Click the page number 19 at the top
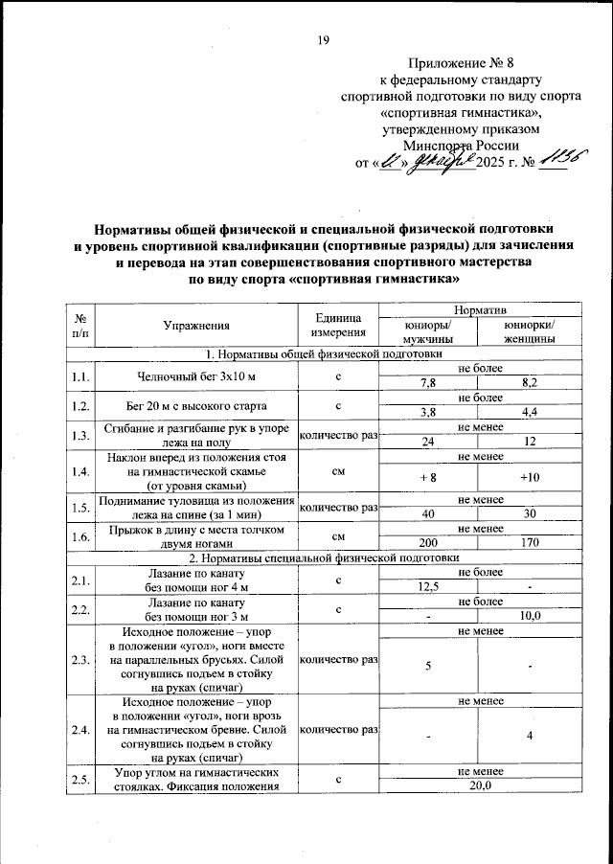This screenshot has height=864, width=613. [323, 39]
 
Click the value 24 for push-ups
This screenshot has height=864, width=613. [427, 442]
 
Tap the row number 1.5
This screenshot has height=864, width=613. [80, 507]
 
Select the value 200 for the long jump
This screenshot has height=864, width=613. [427, 541]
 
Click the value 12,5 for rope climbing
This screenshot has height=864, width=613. [427, 587]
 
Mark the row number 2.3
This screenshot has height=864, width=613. [80, 659]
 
